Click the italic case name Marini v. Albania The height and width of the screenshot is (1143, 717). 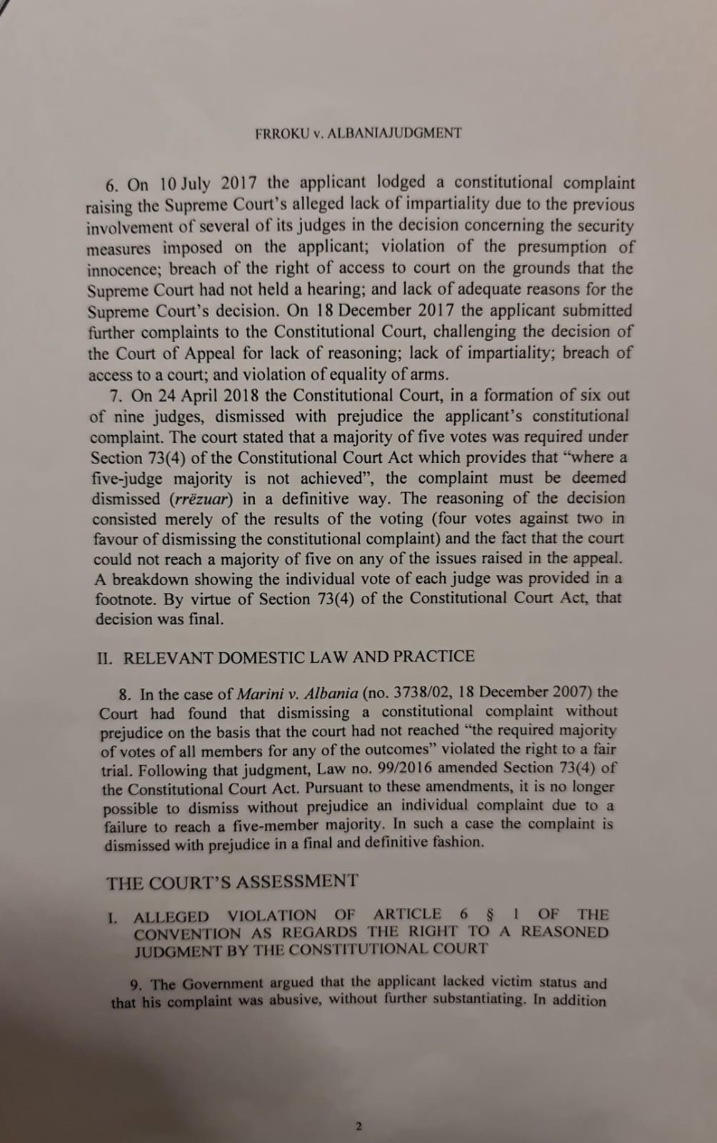point(297,693)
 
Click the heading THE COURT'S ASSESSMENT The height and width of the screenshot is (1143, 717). point(232,882)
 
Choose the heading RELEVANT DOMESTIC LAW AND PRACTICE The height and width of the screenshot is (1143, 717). point(299,657)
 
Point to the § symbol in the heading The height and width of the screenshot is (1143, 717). point(489,914)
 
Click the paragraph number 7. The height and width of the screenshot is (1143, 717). point(116,396)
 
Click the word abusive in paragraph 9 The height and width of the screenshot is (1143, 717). point(294,1000)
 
